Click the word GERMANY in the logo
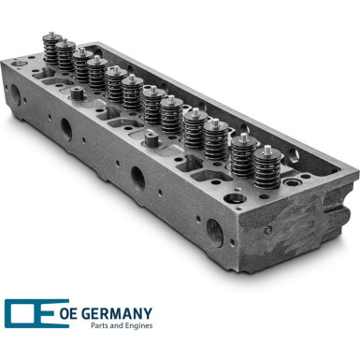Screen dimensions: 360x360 pyautogui.click(x=121, y=313)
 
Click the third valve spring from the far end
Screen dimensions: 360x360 pyautogui.click(x=81, y=68)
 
